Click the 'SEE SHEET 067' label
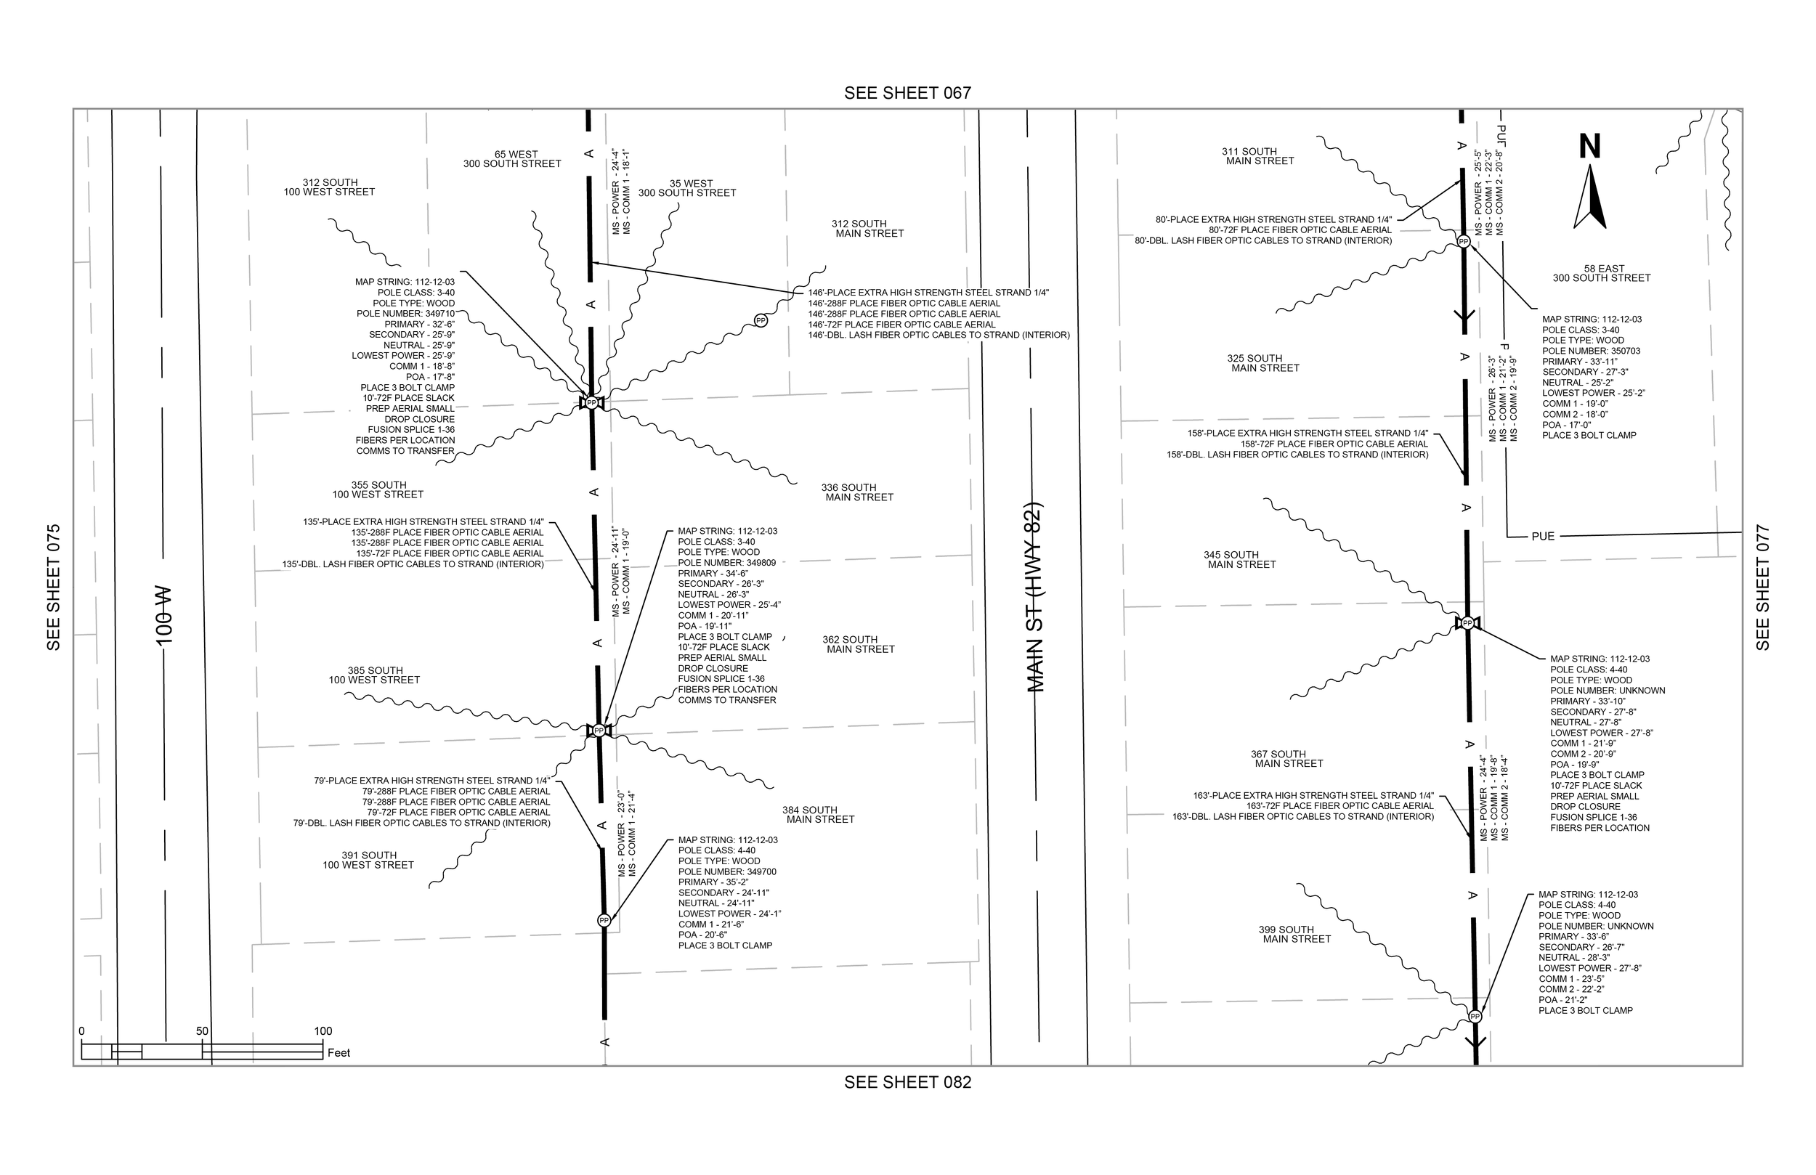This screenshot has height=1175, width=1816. (x=907, y=93)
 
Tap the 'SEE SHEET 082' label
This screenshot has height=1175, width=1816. (x=907, y=1082)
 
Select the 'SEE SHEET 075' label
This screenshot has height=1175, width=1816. (x=54, y=587)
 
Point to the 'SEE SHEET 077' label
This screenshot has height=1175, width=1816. (x=1762, y=587)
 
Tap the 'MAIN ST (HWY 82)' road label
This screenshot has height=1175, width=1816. (x=1034, y=598)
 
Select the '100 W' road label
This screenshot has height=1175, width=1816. (x=164, y=614)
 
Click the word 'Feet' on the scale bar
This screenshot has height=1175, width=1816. (x=339, y=1053)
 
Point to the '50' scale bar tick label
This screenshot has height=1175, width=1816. (x=202, y=1030)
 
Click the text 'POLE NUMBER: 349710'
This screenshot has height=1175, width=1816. (x=405, y=314)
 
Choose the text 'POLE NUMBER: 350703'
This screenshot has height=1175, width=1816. (x=1591, y=351)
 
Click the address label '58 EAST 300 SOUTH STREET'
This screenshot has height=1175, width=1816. (x=1602, y=273)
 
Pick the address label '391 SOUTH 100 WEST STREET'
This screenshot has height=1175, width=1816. (x=368, y=860)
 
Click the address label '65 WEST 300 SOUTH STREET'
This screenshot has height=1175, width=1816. (x=513, y=160)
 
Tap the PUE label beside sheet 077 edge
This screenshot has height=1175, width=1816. (x=1543, y=537)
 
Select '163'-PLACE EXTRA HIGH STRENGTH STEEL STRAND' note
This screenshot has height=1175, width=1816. (x=1313, y=796)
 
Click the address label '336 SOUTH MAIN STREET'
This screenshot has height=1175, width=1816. (x=856, y=492)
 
